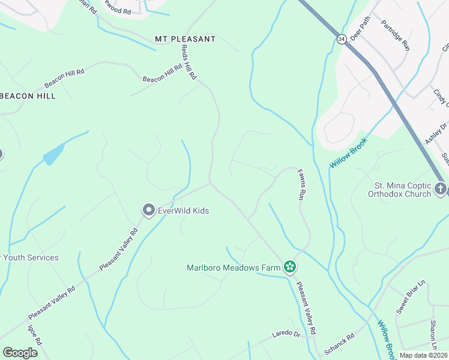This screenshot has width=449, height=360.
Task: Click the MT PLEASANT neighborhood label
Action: click(185, 39)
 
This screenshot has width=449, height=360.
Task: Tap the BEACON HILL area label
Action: click(28, 96)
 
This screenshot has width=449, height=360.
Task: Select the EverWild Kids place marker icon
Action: click(148, 211)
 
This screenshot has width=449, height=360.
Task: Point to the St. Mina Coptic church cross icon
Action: click(441, 190)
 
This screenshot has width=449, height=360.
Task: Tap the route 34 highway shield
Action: click(342, 39)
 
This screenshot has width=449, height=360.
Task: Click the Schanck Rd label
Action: click(339, 344)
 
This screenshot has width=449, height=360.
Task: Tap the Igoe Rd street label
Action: click(34, 335)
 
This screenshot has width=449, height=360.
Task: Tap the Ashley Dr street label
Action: click(436, 133)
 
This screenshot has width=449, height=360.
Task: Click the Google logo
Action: click(20, 352)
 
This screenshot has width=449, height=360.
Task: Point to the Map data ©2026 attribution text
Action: click(424, 355)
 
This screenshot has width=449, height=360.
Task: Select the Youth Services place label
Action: click(29, 258)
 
